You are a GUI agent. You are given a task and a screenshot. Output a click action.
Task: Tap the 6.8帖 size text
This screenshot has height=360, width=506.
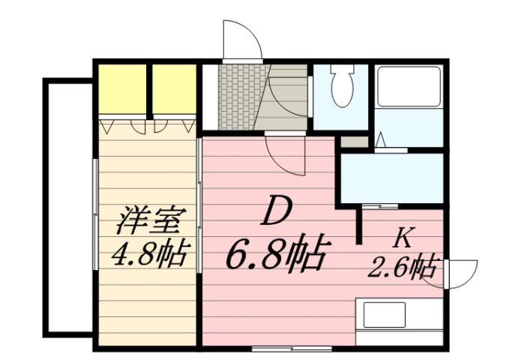point(276,255)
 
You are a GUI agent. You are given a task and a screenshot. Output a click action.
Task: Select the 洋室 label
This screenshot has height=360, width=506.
point(150,223)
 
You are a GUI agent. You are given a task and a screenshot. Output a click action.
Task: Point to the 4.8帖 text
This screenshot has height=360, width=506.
point(150,256)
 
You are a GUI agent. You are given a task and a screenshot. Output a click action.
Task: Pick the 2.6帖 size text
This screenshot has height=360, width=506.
point(403,266)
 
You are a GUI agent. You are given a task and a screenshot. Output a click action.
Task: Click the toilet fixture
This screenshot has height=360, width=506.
point(341,88)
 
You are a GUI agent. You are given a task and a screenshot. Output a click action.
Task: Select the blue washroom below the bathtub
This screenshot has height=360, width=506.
point(391,177)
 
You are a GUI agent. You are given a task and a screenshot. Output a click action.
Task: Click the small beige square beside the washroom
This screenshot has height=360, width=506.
point(354,141)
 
